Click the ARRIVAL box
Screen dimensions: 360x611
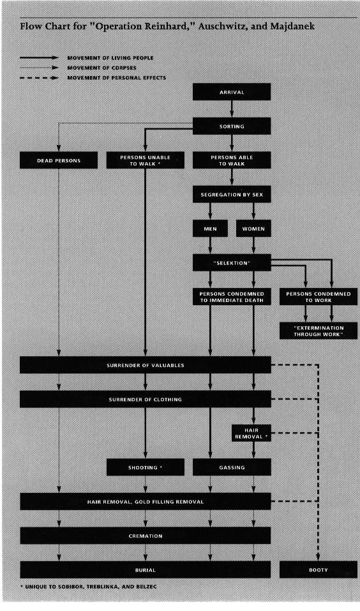[x=232, y=92]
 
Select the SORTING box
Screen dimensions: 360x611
[x=232, y=126]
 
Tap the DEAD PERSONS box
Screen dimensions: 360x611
[x=59, y=160]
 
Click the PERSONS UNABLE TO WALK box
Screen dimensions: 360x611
[x=146, y=160]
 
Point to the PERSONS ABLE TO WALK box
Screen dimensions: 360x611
[x=232, y=160]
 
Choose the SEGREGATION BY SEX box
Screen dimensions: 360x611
[x=232, y=195]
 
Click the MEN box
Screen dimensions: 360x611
[x=210, y=229]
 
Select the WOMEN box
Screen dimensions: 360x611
[x=253, y=229]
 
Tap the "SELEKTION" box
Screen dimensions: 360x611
[x=232, y=262]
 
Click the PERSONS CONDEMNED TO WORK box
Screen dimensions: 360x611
[x=319, y=297]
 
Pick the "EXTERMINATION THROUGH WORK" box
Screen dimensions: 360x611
[x=319, y=331]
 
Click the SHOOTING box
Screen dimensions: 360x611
[x=146, y=467]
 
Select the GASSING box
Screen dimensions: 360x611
[x=232, y=467]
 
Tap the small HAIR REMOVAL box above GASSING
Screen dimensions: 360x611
[x=251, y=434]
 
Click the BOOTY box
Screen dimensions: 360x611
[x=319, y=570]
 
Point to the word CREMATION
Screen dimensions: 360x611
[x=146, y=536]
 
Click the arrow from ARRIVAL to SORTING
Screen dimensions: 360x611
[x=232, y=109]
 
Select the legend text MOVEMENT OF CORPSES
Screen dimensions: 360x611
[x=101, y=68]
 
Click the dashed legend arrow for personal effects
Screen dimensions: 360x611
[x=39, y=78]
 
